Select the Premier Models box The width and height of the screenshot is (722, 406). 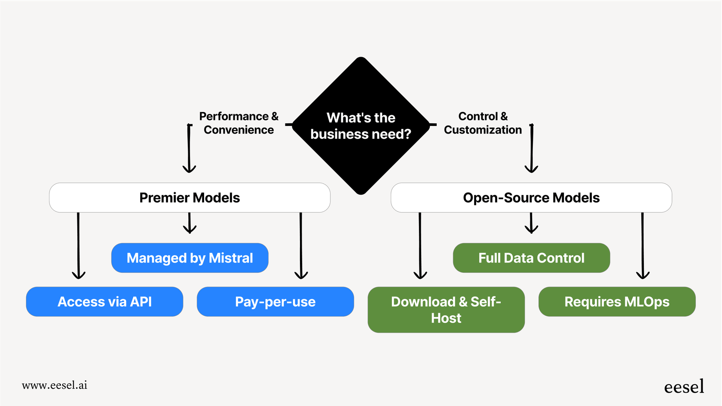[190, 198]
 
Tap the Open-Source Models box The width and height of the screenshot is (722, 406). [531, 198]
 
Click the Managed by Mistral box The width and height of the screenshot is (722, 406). [190, 258]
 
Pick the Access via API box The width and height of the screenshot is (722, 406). [104, 302]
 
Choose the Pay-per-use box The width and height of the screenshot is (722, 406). [275, 302]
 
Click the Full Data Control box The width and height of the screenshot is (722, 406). [531, 258]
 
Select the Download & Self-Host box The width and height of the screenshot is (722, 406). [446, 309]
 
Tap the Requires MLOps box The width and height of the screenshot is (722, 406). [617, 302]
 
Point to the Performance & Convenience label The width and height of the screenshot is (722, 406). [239, 123]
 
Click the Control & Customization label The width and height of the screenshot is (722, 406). [483, 123]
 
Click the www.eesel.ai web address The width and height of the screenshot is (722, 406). [55, 385]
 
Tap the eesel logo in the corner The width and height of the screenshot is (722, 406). [684, 387]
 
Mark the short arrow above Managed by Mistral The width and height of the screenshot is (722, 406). [190, 223]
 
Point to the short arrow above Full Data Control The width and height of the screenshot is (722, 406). [531, 223]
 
